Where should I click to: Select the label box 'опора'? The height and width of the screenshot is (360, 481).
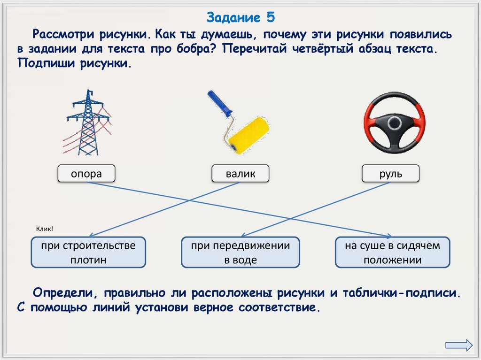point(86,174)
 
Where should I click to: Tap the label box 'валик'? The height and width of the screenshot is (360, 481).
point(240,174)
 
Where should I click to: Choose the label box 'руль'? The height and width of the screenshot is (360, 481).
point(390,174)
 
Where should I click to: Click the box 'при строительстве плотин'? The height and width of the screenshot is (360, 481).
point(88,253)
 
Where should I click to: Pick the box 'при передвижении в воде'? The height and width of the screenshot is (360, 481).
point(240,253)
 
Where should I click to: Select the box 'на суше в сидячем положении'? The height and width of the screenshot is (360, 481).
point(393,253)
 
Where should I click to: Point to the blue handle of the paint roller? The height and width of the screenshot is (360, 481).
point(220,104)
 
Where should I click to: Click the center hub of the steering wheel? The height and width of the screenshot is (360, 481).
point(394,124)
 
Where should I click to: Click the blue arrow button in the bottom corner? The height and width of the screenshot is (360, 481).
point(458,345)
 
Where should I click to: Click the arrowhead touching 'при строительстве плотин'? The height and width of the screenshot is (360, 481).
point(93,235)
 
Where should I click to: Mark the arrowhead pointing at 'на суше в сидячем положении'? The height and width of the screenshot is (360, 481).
point(389,236)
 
